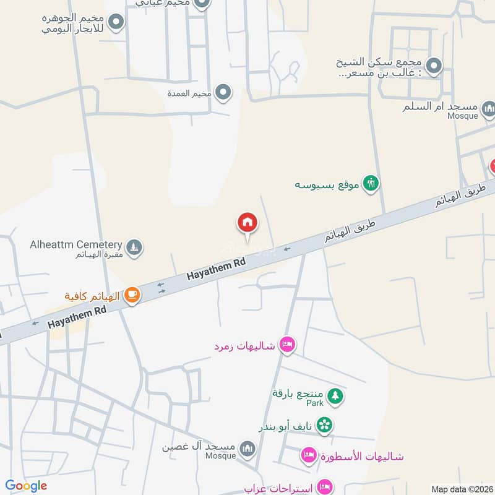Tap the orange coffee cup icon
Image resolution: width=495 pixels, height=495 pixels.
pos(132,296)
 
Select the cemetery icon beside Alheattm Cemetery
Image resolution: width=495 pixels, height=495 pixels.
pos(134,248)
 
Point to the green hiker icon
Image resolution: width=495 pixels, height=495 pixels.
pos(371,183)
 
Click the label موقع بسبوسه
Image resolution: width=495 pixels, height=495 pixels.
pos(327,184)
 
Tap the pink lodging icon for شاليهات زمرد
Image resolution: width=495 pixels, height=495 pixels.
pos(286,344)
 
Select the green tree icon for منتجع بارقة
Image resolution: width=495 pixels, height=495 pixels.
pos(335,395)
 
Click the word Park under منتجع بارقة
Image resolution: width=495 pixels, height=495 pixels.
pos(315,403)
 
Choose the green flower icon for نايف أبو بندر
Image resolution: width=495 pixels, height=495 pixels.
pos(324,425)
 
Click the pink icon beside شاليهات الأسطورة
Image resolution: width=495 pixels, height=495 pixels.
pos(308,456)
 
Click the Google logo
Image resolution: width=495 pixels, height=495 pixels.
pos(26,486)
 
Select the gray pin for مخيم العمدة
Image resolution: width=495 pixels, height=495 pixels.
pos(223,93)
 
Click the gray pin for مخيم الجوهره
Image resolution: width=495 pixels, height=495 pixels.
pos(115,24)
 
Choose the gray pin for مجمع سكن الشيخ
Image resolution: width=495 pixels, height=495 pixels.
pos(435,65)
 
